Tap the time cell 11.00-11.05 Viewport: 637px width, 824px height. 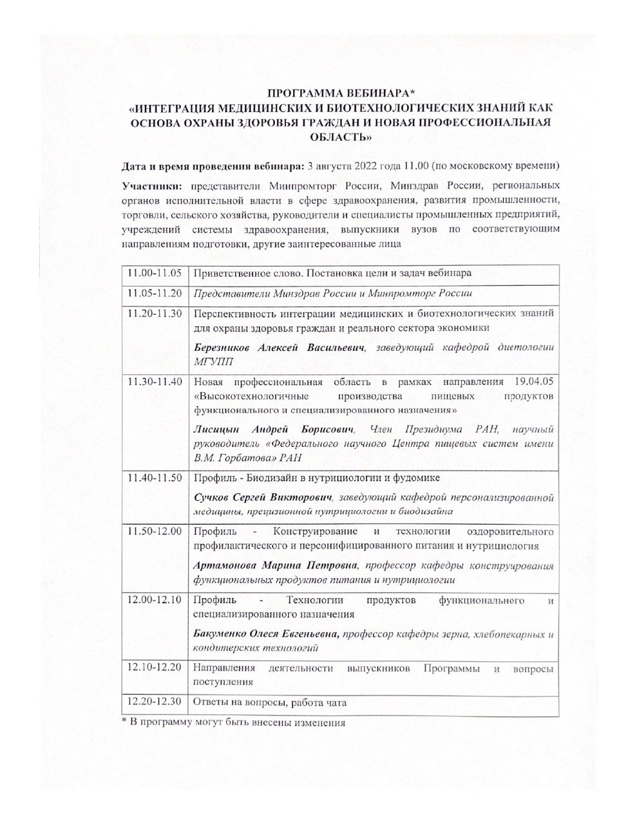(x=155, y=273)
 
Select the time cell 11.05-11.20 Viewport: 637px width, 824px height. (x=155, y=294)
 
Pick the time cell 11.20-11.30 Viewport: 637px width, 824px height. (x=155, y=314)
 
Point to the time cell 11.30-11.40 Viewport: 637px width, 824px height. (x=155, y=382)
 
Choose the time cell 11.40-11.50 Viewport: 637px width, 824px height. (x=155, y=478)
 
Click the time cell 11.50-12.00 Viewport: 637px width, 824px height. (x=155, y=532)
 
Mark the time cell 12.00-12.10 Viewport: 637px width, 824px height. (x=155, y=601)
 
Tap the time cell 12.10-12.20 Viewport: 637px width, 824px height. (x=155, y=668)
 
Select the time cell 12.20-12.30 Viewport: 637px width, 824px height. (x=155, y=702)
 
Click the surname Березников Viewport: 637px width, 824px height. (x=223, y=348)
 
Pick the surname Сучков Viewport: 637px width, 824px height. (x=212, y=497)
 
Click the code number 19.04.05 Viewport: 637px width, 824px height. (x=534, y=382)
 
